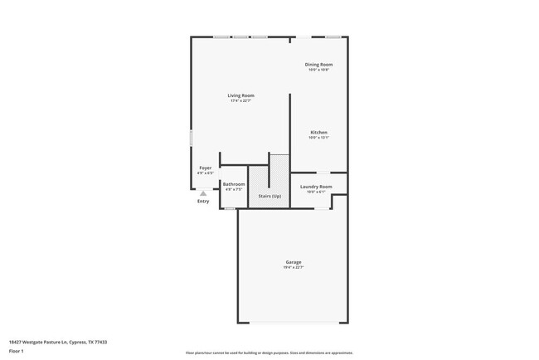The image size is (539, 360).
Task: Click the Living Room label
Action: point(240,95)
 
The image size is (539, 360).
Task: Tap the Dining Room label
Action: point(318,64)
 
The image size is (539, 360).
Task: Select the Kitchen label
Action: point(318,132)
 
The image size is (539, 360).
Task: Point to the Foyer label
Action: point(205,168)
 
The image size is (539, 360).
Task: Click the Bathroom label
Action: point(234,184)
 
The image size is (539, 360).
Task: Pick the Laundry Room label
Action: point(316,187)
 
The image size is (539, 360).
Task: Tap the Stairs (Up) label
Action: point(269,196)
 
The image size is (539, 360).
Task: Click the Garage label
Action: point(294,261)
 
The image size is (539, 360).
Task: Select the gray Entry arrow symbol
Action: point(203,192)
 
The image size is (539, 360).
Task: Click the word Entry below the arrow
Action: point(203,202)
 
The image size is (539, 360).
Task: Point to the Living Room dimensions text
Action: point(240,101)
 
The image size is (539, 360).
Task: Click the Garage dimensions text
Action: point(294,267)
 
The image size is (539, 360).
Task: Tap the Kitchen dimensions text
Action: point(318,138)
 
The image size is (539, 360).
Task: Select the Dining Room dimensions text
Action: point(318,70)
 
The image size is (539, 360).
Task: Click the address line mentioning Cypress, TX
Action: point(58,341)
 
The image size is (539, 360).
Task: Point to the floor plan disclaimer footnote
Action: point(269,353)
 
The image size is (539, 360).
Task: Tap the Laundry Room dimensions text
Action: point(316,192)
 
